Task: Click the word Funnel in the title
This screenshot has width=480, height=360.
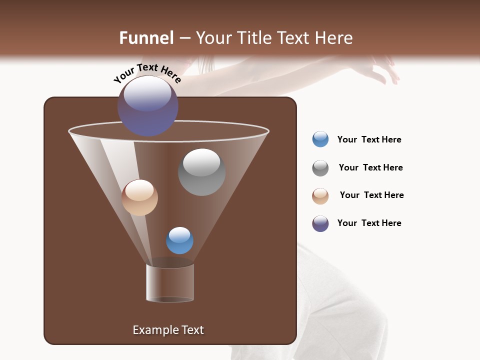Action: [146, 38]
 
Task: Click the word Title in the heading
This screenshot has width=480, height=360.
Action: [253, 38]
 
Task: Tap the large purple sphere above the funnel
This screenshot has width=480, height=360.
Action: [148, 105]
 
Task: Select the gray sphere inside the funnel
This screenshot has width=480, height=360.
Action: [201, 172]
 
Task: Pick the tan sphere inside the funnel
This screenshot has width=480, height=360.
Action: [139, 197]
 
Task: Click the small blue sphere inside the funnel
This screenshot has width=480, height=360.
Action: [179, 240]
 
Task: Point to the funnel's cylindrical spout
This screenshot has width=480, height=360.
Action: [170, 283]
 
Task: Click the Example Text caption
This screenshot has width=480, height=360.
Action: [168, 330]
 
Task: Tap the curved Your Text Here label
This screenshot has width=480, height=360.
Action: [147, 73]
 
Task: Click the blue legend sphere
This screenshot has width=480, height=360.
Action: [320, 139]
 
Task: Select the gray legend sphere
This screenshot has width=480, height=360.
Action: [320, 167]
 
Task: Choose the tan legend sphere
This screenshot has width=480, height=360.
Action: [320, 195]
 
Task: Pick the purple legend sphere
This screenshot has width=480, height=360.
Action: [320, 223]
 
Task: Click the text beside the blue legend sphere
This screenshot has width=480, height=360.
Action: [369, 139]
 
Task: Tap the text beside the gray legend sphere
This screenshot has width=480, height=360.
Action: [370, 167]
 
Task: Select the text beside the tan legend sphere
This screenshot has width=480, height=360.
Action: [371, 195]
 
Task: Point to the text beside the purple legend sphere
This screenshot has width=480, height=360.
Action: [369, 223]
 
